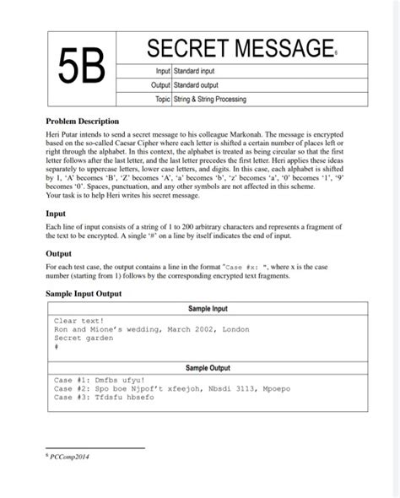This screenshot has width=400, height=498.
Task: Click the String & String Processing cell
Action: (210, 100)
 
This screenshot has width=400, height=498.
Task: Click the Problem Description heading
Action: (82, 122)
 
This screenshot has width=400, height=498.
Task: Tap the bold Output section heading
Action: (61, 252)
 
